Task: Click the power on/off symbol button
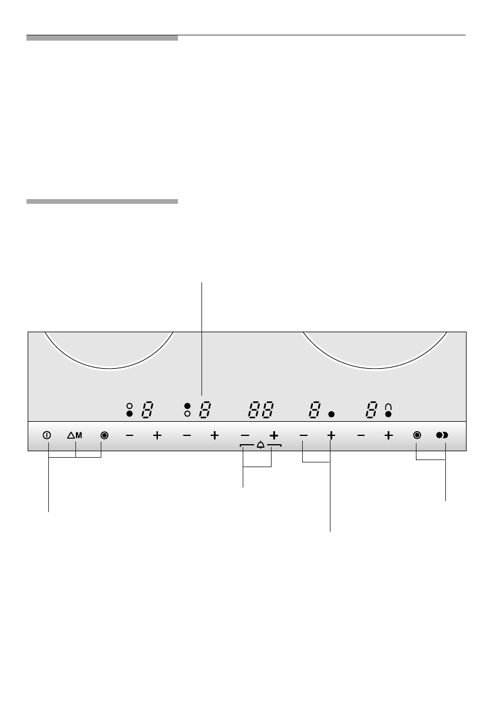[47, 435]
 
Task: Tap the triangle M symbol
[75, 435]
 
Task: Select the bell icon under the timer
[261, 445]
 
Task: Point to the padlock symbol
[388, 406]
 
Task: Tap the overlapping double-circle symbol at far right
[442, 435]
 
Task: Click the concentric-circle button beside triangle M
[104, 435]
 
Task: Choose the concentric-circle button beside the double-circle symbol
[417, 435]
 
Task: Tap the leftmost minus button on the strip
[129, 435]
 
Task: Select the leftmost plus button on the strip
[157, 435]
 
